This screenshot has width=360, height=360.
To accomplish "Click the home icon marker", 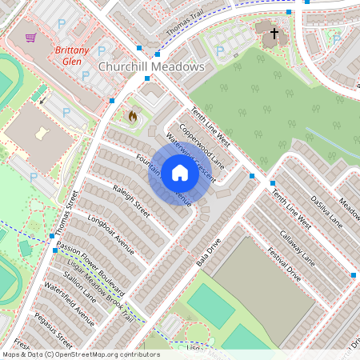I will (179, 172).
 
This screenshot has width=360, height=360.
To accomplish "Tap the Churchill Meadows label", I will (150, 68).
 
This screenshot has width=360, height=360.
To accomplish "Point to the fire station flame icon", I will (132, 117).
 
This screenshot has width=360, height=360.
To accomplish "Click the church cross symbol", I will (274, 34).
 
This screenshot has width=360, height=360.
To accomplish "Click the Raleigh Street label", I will (131, 201).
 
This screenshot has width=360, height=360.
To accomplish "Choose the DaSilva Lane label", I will (326, 212).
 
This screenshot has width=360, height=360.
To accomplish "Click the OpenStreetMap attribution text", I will (80, 354).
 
